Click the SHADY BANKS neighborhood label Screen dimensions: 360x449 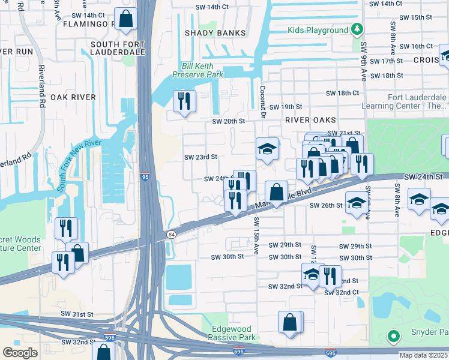(215, 33)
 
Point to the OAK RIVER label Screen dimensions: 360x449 (73, 97)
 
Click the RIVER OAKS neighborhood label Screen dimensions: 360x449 (308, 120)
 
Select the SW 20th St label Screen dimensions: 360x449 (229, 121)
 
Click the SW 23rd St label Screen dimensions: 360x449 (200, 157)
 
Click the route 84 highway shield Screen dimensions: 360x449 (172, 233)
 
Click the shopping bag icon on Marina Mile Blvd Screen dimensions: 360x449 (276, 192)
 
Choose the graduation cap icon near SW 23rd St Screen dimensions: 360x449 (267, 149)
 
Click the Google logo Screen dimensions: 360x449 (20, 353)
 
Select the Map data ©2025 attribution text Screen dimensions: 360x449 (424, 355)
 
